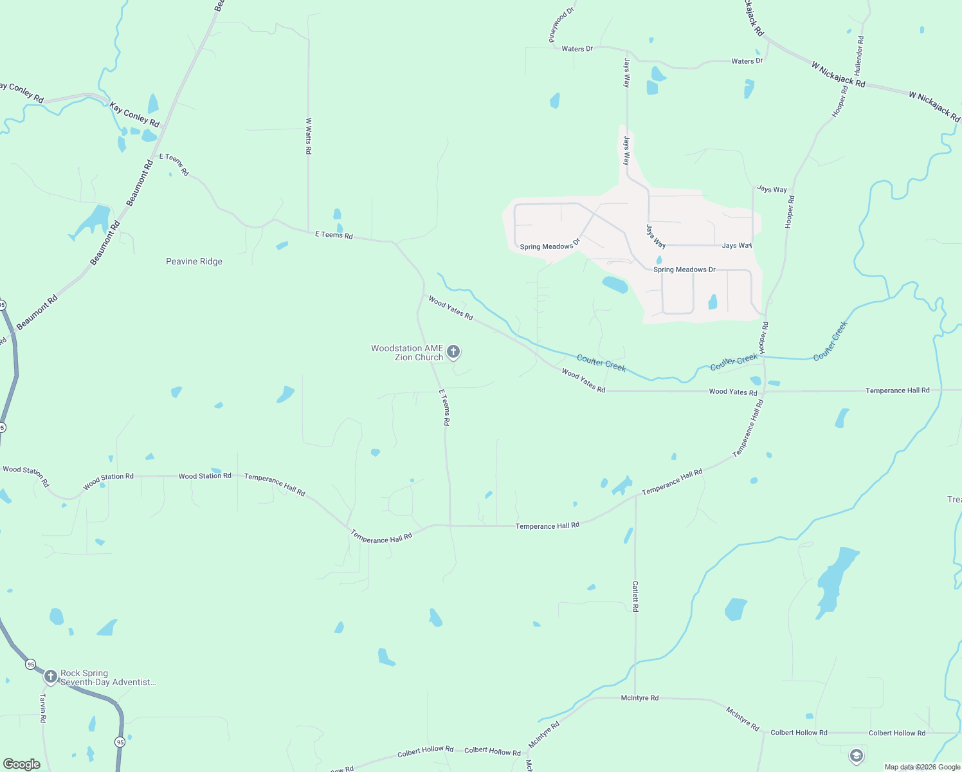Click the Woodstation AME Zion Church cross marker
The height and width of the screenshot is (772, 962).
(453, 352)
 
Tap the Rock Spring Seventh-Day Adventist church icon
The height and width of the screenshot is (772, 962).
(51, 677)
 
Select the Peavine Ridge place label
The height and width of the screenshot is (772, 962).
(194, 261)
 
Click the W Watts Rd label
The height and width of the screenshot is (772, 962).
(309, 136)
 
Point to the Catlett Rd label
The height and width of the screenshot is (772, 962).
(635, 596)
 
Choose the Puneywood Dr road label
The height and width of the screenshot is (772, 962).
(561, 25)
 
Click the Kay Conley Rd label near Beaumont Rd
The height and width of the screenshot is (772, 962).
(134, 115)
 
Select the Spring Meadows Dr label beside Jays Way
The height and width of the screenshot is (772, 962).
(684, 270)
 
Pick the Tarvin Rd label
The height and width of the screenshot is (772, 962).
(43, 708)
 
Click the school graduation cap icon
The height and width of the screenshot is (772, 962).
(856, 756)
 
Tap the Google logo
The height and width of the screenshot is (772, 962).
(21, 764)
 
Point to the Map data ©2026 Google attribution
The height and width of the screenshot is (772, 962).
(922, 767)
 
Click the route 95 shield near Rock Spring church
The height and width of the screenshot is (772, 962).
(30, 664)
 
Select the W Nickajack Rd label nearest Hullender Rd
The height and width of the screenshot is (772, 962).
(839, 75)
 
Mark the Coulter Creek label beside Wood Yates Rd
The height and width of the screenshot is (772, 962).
(601, 363)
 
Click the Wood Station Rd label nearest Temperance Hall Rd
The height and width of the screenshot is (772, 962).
(204, 476)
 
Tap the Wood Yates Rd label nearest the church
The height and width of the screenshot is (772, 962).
(450, 308)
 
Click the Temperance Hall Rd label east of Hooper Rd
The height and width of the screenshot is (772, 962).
(897, 391)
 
